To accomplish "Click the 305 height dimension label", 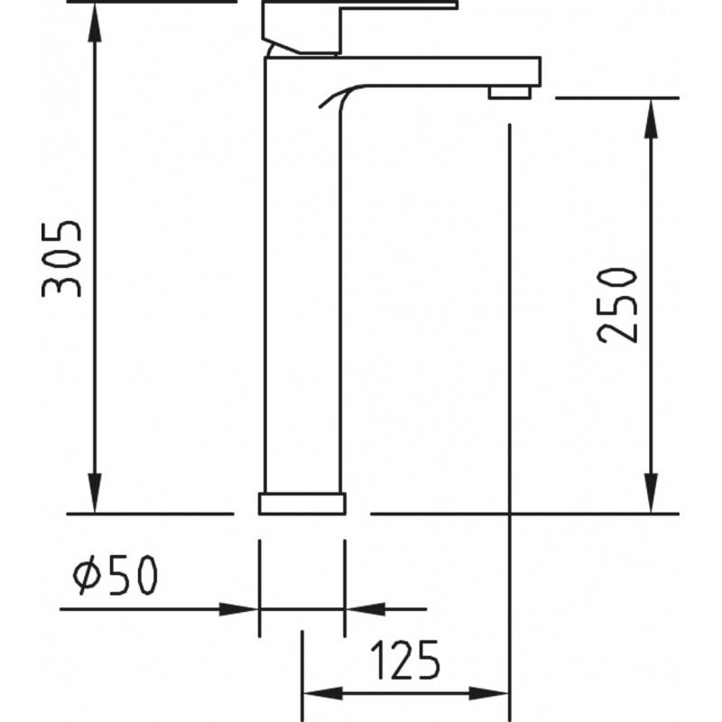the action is point(61,259).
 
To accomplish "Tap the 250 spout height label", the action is point(617,306).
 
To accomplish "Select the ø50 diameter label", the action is point(116,574).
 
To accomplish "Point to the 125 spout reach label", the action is point(405,660).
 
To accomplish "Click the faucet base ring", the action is point(302,504).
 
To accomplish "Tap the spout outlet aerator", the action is point(510,92).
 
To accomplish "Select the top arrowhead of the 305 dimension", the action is point(95,23).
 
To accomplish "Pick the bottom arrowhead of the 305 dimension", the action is point(95,493).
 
